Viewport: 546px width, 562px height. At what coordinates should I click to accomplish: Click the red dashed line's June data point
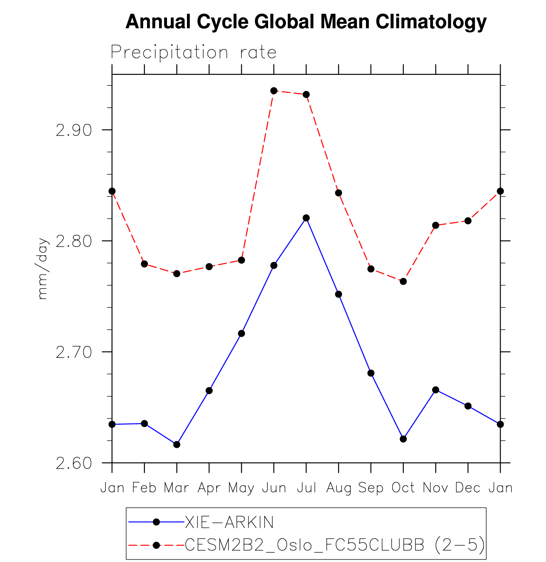click(x=274, y=91)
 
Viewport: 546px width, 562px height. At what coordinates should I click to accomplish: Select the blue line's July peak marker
click(x=306, y=218)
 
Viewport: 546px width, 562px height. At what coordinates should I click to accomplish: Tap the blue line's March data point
click(x=177, y=444)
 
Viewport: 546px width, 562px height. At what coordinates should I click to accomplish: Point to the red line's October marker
click(x=403, y=281)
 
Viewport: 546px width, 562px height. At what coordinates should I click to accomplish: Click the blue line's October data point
click(x=403, y=439)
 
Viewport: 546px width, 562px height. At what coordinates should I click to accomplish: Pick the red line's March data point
click(x=177, y=274)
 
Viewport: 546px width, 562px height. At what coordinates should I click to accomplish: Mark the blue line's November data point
click(x=436, y=390)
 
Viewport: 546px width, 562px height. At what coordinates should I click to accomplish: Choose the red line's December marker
click(x=468, y=221)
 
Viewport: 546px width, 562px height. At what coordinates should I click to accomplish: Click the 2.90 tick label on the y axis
click(x=74, y=130)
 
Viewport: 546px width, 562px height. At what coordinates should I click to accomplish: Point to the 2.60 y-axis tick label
click(x=74, y=463)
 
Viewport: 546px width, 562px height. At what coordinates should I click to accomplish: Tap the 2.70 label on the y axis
click(x=74, y=352)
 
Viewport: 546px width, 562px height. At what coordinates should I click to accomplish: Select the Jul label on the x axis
click(x=306, y=488)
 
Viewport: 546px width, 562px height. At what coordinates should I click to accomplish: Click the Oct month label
click(x=403, y=488)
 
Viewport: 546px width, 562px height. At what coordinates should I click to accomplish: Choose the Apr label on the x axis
click(x=209, y=488)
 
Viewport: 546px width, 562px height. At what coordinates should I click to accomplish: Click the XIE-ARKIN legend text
click(x=229, y=522)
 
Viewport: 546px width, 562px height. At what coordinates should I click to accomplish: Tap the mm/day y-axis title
click(x=43, y=268)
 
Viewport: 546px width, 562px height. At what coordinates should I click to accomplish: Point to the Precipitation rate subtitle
click(x=194, y=53)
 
